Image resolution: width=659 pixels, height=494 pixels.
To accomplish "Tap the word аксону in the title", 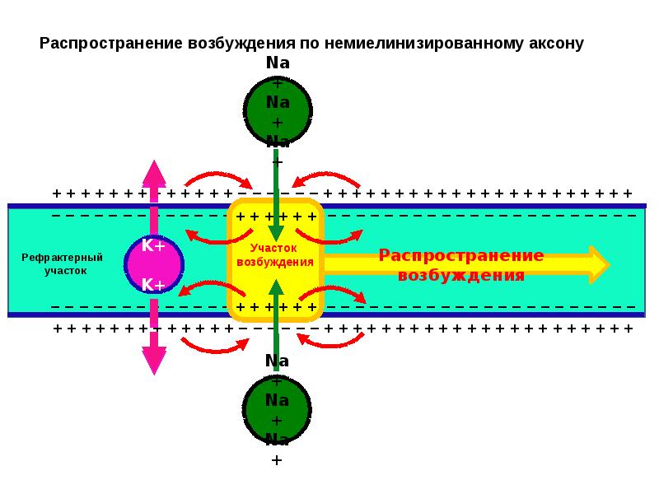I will click(553, 44).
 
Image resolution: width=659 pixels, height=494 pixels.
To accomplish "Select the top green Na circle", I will click(278, 110).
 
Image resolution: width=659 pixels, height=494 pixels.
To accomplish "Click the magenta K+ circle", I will click(154, 264).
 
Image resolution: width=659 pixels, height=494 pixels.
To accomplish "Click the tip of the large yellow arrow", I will click(606, 264).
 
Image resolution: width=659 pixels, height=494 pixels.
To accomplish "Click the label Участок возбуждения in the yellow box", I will click(275, 254).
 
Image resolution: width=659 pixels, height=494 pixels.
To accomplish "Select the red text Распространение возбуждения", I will click(461, 264).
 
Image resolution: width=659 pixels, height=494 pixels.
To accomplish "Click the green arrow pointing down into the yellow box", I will click(276, 198).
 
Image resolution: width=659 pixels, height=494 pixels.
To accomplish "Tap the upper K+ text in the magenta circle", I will click(154, 245).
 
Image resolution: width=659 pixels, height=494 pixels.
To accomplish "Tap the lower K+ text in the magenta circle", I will click(154, 285).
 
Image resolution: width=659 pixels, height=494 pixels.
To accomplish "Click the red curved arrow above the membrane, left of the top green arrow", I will click(217, 177).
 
